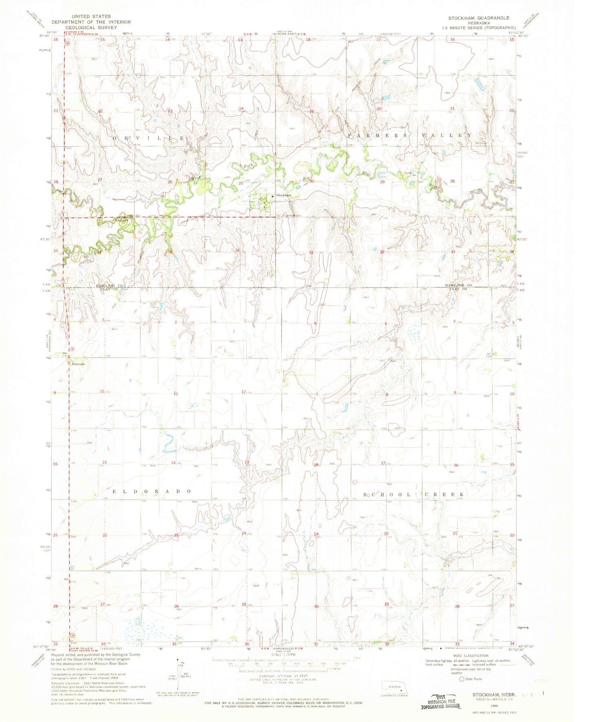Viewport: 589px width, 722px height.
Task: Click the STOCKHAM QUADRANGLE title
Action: point(479,18)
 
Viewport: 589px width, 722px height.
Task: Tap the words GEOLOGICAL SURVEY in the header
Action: point(90,28)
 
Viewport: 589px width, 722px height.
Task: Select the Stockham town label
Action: point(284,195)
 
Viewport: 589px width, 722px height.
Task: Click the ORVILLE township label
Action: point(148,138)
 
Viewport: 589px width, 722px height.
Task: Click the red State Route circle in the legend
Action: point(461,679)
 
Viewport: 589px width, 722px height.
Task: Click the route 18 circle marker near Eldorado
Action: point(71,349)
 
